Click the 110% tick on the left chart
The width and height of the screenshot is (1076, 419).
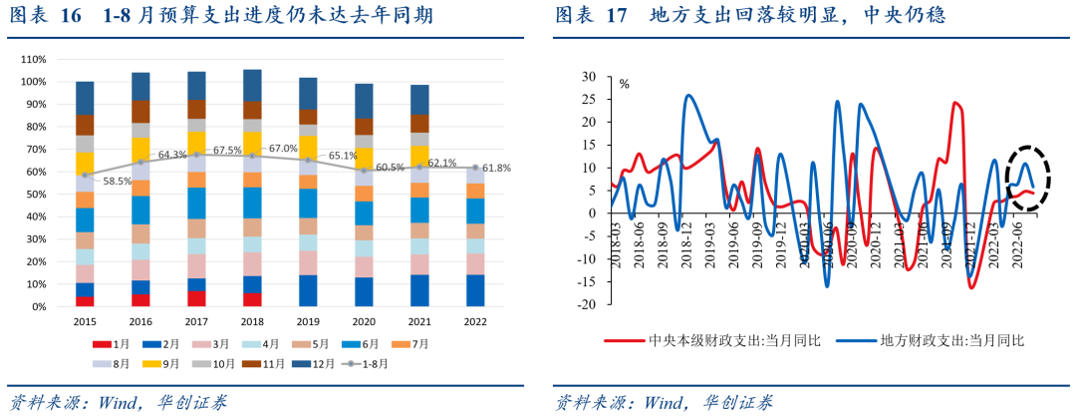click(x=33, y=59)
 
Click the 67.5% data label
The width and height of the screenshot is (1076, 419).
click(x=228, y=150)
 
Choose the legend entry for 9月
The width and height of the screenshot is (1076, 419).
click(x=211, y=364)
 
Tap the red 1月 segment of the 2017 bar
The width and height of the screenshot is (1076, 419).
click(x=197, y=298)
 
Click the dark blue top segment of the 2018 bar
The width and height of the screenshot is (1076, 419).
click(x=253, y=85)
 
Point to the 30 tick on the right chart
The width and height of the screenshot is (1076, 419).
click(x=588, y=76)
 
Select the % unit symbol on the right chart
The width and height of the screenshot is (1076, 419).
click(x=625, y=84)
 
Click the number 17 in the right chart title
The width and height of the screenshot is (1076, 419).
click(x=617, y=16)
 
